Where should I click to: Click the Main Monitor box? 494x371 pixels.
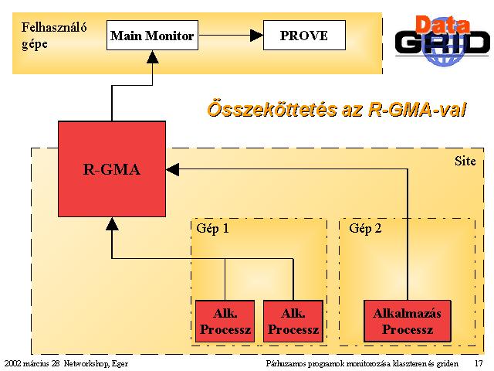[153, 36]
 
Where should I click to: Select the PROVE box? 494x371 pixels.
[304, 36]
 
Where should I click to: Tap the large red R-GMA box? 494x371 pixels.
[112, 169]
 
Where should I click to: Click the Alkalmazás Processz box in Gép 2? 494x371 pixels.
[408, 322]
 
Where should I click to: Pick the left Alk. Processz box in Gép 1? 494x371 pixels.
[225, 322]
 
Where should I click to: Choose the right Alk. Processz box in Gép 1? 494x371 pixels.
[293, 322]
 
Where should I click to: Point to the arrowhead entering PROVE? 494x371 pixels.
[257, 36]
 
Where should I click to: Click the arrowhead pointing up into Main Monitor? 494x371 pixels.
[153, 56]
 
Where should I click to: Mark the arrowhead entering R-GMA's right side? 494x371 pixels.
[173, 169]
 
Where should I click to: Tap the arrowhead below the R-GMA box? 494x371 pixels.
[112, 223]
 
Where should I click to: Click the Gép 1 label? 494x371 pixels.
[212, 229]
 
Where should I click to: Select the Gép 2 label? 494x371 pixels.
[365, 229]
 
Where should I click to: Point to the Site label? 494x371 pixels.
[465, 161]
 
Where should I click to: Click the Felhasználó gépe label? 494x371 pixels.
[54, 36]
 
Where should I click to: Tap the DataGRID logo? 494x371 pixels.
[442, 40]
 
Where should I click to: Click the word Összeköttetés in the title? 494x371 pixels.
[272, 110]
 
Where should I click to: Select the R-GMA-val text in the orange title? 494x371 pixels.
[417, 110]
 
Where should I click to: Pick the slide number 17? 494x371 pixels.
[479, 363]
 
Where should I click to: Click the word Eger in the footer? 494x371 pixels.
[120, 364]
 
